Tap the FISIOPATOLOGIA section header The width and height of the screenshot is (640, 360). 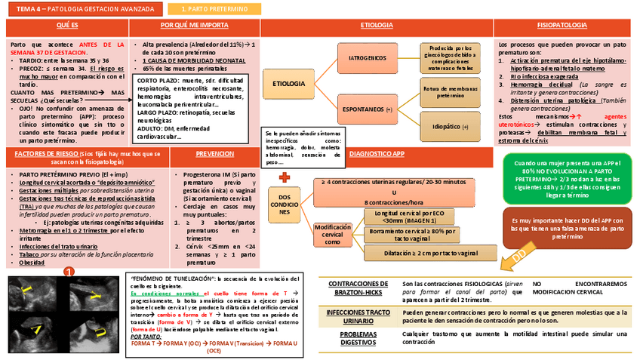[x=562, y=26]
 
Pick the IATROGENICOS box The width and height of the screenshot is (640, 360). [x=368, y=57]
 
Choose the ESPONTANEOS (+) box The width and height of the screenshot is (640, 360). [x=368, y=109]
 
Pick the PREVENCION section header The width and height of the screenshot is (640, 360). [x=214, y=154]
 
